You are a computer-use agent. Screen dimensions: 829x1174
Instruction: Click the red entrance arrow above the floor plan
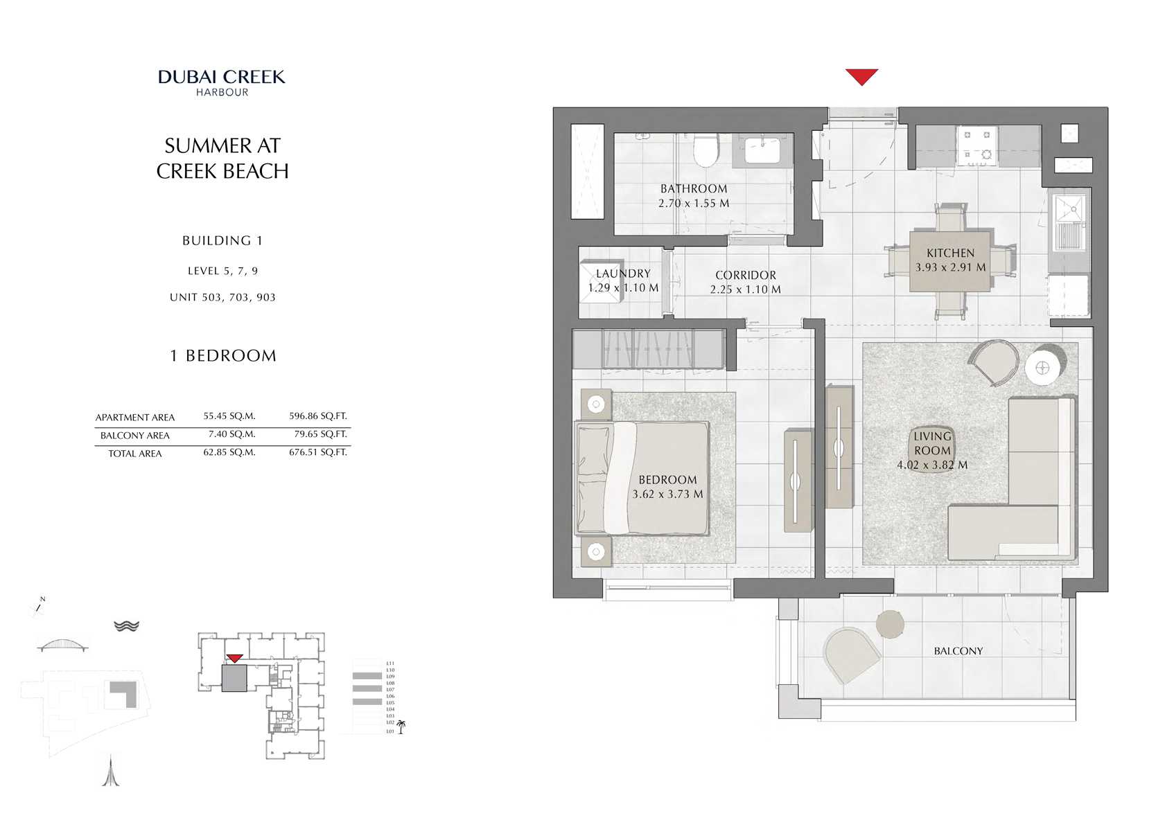coord(861,76)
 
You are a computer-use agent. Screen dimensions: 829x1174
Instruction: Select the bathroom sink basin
coord(762,148)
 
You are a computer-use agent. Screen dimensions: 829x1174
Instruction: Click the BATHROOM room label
coord(694,188)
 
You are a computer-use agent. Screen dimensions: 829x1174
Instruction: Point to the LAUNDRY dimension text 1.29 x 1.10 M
coord(623,287)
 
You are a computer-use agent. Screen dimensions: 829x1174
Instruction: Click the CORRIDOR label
coord(746,275)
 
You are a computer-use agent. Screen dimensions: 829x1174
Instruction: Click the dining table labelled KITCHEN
coord(950,260)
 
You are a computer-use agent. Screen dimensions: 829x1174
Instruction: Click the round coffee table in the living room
coord(1042,368)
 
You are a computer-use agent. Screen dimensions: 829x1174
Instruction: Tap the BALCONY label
coord(958,651)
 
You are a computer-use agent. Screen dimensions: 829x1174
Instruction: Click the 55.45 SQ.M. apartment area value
coord(229,416)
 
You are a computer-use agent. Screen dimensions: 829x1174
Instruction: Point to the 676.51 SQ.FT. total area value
coord(318,452)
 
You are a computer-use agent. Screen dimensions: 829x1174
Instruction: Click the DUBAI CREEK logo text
coord(222,77)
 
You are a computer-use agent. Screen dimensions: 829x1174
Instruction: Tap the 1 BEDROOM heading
coord(223,356)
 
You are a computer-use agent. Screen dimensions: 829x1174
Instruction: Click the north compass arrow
coord(40,607)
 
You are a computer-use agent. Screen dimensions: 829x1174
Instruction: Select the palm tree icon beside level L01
coord(401,727)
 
